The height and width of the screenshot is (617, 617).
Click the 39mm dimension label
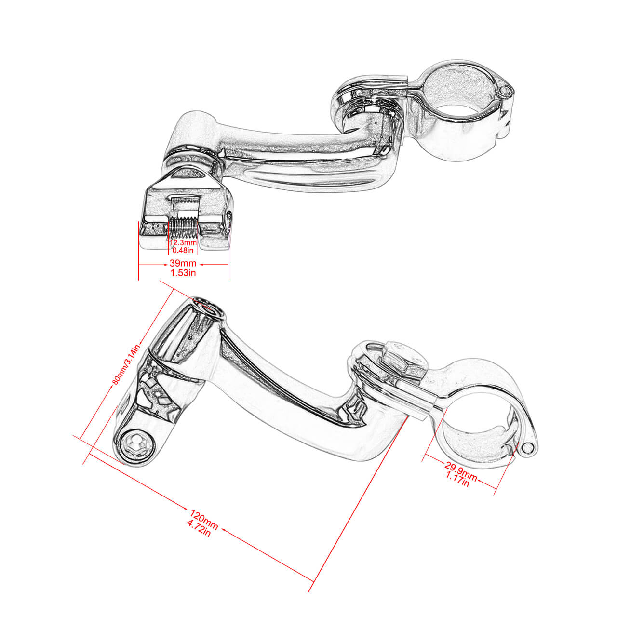[183, 264]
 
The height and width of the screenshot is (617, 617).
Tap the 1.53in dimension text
[183, 273]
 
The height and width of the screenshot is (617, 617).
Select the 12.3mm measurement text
[183, 242]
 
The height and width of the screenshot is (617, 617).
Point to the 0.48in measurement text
[183, 250]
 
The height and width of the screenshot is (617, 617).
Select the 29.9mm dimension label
[460, 472]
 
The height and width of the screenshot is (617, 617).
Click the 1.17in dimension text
[457, 480]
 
